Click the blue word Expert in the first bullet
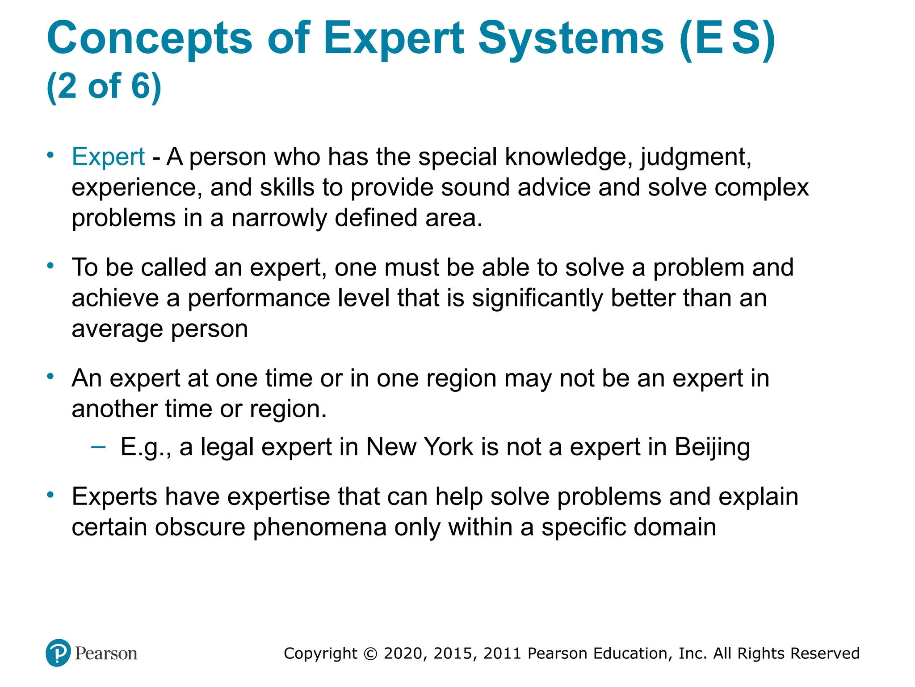pyautogui.click(x=108, y=157)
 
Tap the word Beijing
pyautogui.click(x=712, y=447)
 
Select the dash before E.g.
pyautogui.click(x=98, y=446)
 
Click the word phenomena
pyautogui.click(x=319, y=527)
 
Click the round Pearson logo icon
pyautogui.click(x=58, y=653)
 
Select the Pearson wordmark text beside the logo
pyautogui.click(x=106, y=653)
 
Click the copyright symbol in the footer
pyautogui.click(x=370, y=653)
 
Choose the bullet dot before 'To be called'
pyautogui.click(x=50, y=266)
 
